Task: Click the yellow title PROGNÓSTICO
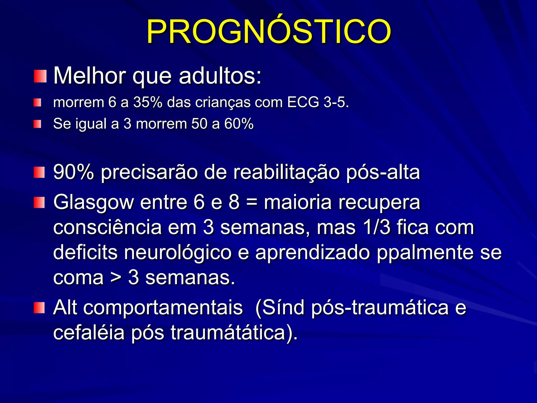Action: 268,32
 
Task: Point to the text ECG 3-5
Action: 318,102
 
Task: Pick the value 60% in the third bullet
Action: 239,124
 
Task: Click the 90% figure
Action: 73,172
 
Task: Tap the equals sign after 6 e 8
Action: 252,203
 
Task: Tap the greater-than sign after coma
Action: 116,278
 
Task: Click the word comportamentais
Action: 163,308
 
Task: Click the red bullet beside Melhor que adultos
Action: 40,76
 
